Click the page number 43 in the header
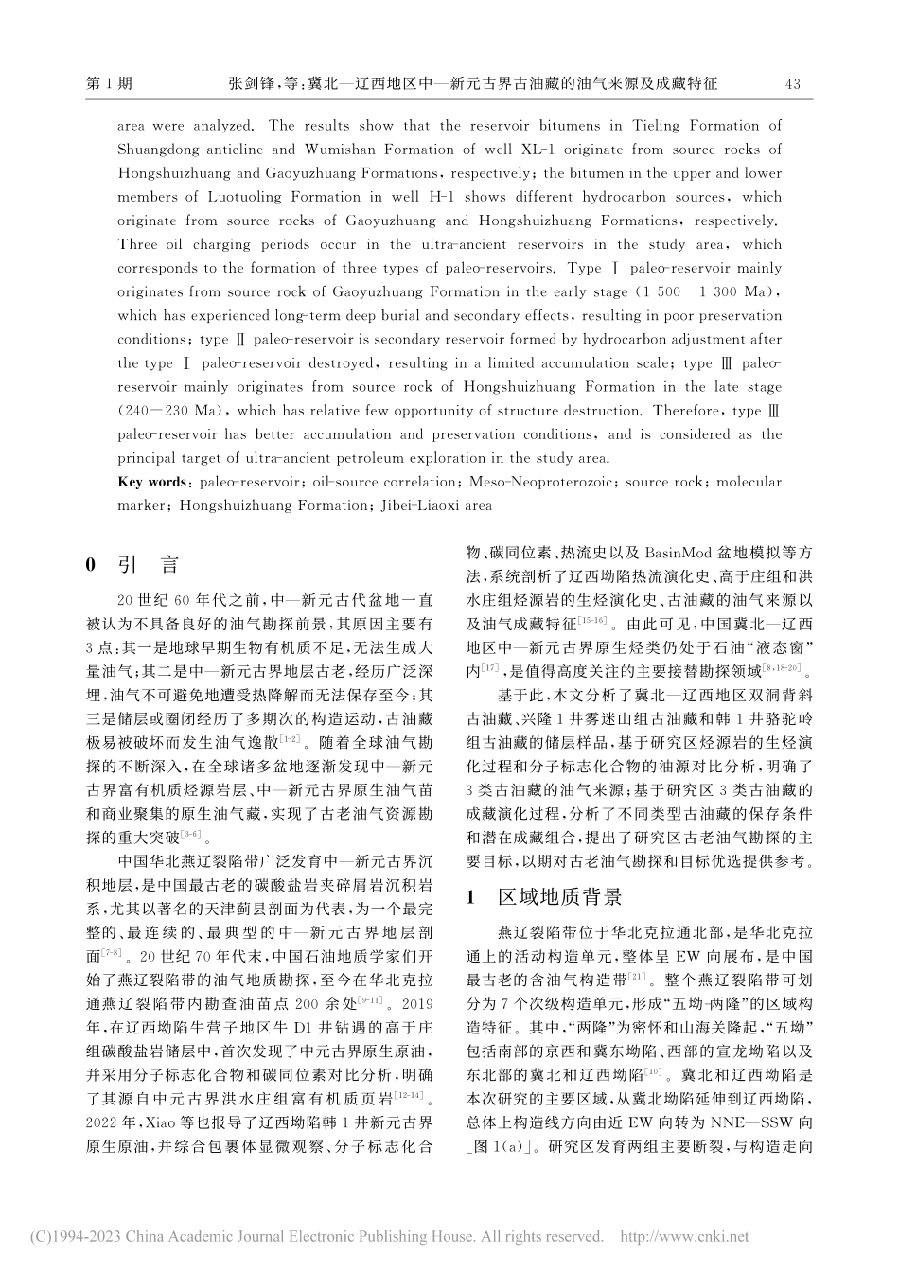[793, 84]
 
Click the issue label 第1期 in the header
[109, 84]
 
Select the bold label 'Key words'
[152, 482]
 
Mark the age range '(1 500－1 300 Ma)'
[709, 291]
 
